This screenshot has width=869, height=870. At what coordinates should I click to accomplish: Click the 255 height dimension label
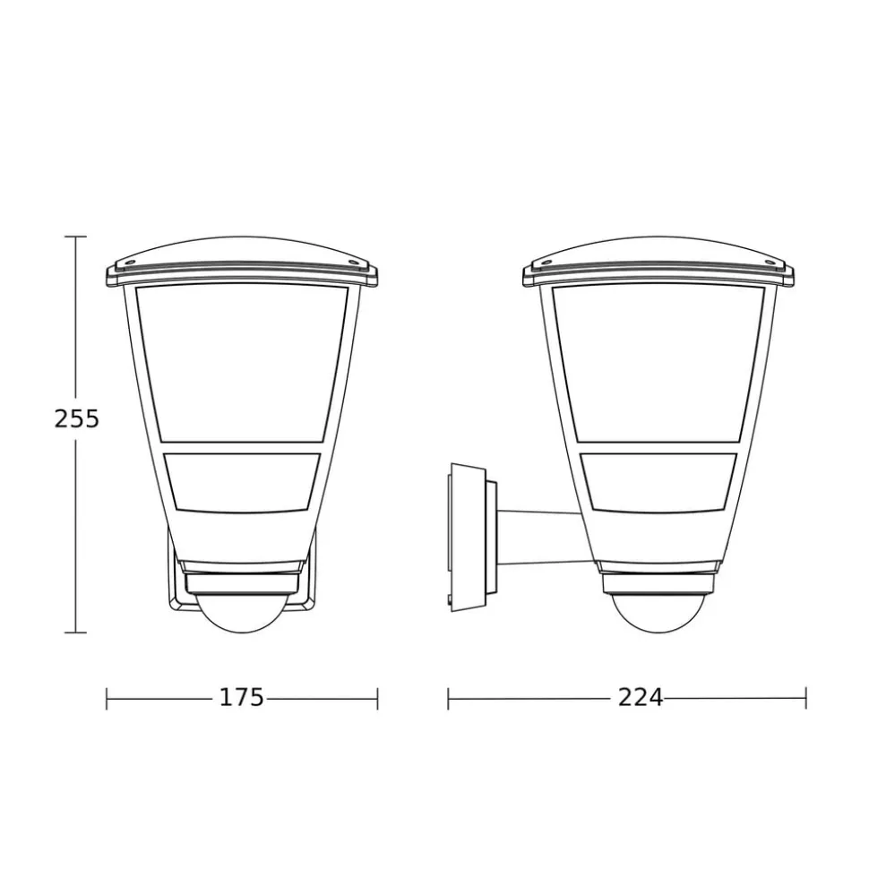click(76, 418)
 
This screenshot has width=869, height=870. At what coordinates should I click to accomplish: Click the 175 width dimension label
click(242, 697)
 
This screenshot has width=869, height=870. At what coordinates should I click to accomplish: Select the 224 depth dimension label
click(641, 697)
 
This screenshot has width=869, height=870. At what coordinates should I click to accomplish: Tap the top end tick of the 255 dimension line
click(75, 237)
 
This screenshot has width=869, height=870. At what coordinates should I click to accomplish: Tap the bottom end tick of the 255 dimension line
click(75, 632)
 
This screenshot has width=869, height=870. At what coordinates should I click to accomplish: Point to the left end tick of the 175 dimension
click(107, 699)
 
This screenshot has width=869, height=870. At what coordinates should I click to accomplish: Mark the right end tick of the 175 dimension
click(377, 699)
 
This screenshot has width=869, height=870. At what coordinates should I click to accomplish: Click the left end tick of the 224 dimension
click(448, 699)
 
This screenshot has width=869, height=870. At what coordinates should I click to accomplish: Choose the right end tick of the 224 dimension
click(805, 699)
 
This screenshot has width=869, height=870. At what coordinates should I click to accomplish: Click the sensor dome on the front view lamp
click(243, 613)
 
